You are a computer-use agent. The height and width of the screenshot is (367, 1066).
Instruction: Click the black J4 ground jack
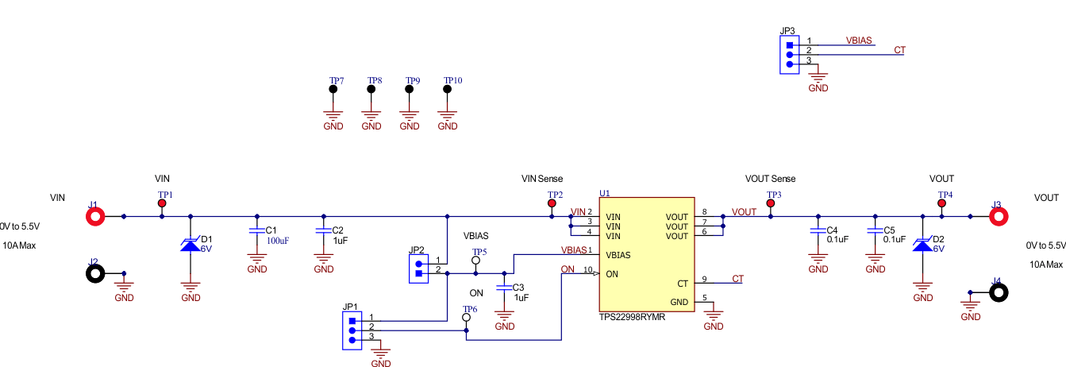coord(999,292)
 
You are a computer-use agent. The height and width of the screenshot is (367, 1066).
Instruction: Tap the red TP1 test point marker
coord(162,204)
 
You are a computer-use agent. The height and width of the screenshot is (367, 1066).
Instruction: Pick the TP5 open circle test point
coord(476,261)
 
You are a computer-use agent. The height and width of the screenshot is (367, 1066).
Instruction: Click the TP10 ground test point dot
coord(448,90)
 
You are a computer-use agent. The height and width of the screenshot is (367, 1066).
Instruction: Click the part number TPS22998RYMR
coord(632,316)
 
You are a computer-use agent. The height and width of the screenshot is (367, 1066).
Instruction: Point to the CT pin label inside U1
coord(682,284)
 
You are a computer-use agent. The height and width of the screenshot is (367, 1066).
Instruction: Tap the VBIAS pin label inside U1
coord(619,255)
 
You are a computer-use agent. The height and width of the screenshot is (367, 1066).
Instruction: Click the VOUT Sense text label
coord(770,179)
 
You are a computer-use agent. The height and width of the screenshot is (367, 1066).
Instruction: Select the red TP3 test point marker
coord(770,204)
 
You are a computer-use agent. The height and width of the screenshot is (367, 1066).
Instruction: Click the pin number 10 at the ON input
coord(587,270)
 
